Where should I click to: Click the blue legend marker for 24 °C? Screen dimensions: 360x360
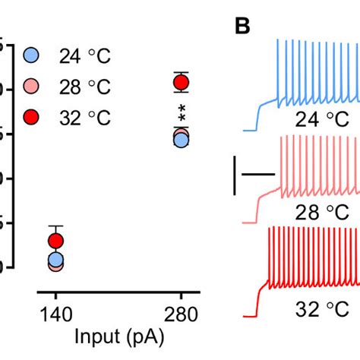click(x=31, y=55)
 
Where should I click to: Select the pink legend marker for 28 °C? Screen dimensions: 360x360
click(x=31, y=86)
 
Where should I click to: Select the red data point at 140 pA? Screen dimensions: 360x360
click(x=55, y=242)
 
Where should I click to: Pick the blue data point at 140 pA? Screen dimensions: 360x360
click(x=55, y=260)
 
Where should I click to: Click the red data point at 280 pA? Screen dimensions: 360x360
click(x=181, y=82)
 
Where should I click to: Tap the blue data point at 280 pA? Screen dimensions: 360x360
click(x=181, y=139)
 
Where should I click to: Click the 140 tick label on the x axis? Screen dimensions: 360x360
click(x=55, y=314)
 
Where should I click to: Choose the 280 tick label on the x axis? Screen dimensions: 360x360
click(x=181, y=314)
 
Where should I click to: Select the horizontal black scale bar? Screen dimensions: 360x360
click(x=257, y=174)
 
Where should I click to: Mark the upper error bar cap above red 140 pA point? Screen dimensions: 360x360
click(x=55, y=226)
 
